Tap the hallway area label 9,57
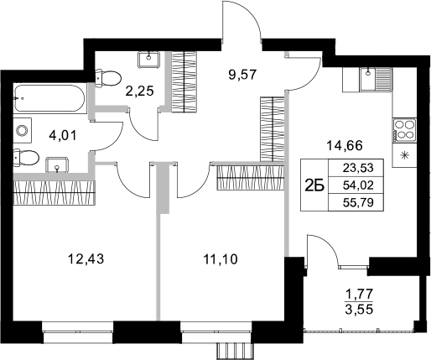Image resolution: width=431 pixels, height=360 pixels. (x=242, y=73)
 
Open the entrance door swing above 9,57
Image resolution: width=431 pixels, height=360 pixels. (x=241, y=21)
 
